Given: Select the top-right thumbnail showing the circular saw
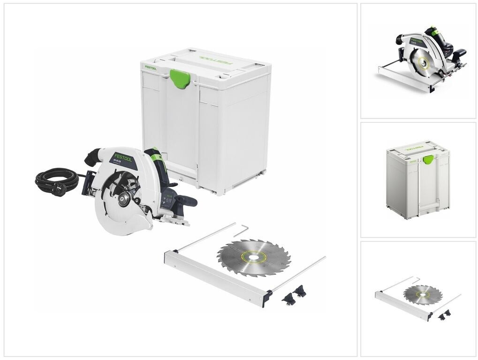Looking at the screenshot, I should [418, 60].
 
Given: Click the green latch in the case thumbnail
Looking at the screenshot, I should [428, 159].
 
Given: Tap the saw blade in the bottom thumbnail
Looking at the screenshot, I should [422, 294].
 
